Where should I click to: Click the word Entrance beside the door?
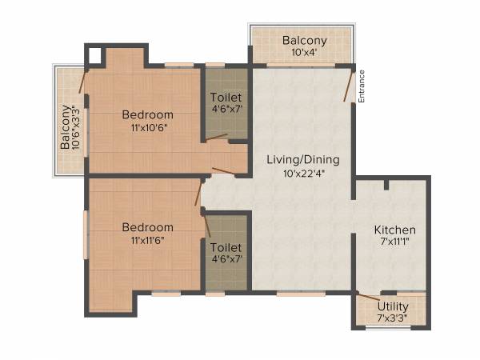coord(362,86)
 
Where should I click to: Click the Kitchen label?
coord(395,230)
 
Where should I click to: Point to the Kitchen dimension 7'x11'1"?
coord(395,242)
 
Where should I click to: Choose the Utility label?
coord(392,306)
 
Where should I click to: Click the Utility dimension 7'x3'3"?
coord(392,318)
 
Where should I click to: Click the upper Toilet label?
coord(226,98)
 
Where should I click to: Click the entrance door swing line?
coord(348,86)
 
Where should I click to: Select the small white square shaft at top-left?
coord(95,55)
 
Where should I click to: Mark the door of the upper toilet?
coord(216,138)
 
